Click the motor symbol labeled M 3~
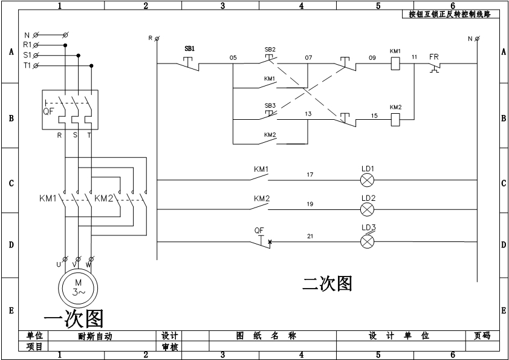[77, 287]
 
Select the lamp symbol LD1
[368, 180]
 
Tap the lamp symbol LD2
[368, 209]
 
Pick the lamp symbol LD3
[368, 241]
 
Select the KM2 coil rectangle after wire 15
[395, 119]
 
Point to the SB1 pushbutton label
[190, 48]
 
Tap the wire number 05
[233, 57]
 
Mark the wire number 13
[308, 114]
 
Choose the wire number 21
[310, 236]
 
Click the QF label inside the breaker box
[48, 111]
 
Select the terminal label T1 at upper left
[27, 65]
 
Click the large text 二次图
[327, 283]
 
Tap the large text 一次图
[74, 318]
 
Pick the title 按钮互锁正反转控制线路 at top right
[450, 14]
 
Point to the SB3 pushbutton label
[270, 105]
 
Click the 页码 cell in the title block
[482, 336]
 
